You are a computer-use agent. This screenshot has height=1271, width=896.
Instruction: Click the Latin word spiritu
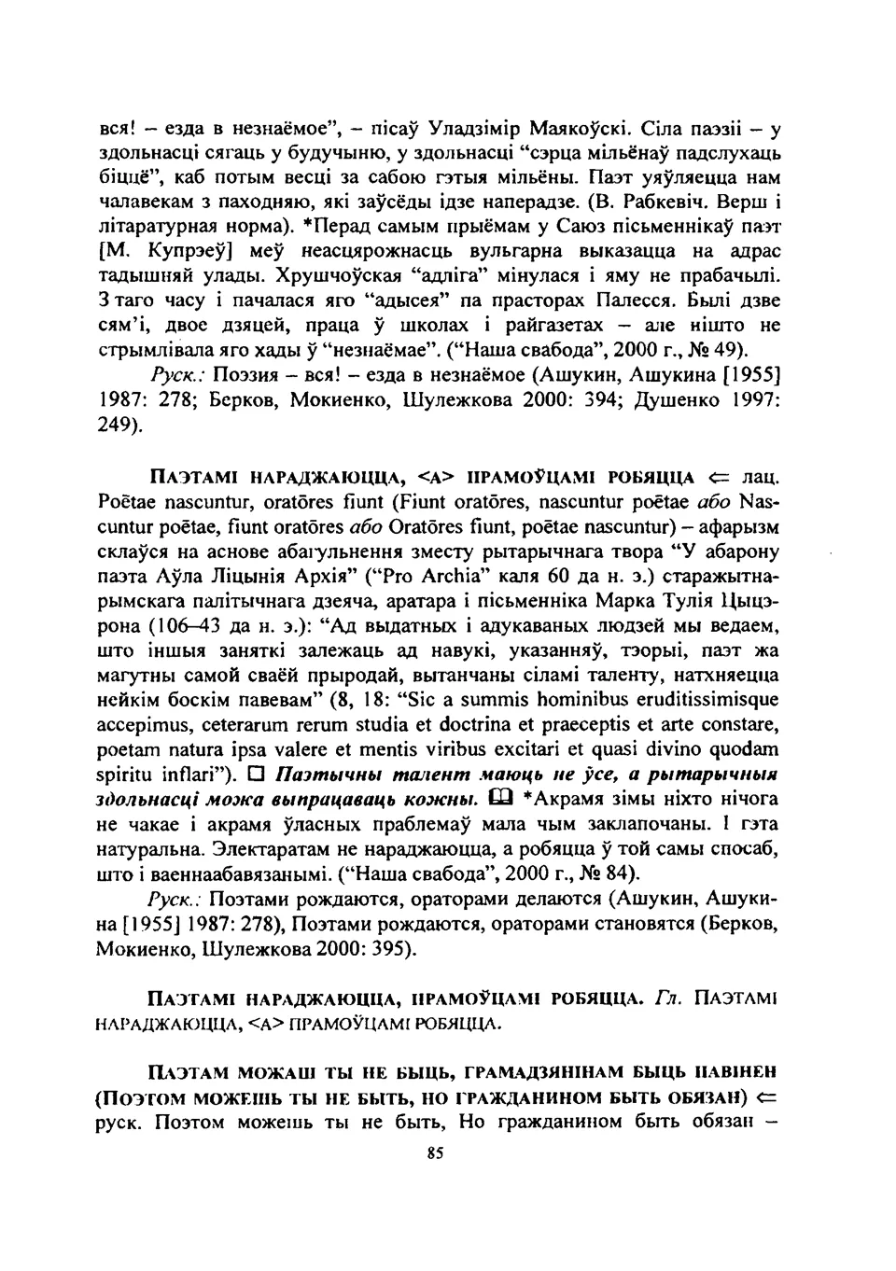(123, 775)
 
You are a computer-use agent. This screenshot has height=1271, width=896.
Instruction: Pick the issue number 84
(617, 874)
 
